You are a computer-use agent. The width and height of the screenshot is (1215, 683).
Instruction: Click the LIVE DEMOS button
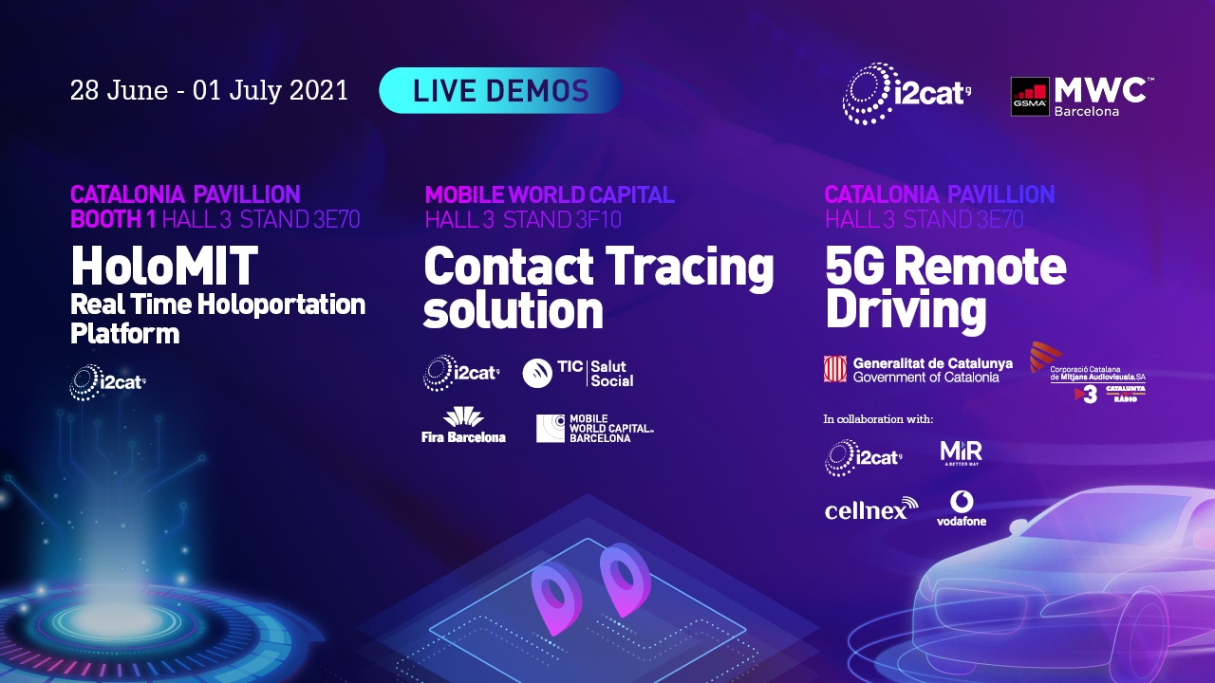tap(500, 91)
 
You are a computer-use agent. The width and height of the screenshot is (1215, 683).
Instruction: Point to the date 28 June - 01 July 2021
tap(209, 91)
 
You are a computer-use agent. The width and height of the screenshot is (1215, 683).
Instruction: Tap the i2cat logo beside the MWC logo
tap(907, 94)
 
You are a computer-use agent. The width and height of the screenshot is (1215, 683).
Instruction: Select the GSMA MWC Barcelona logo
tap(1082, 96)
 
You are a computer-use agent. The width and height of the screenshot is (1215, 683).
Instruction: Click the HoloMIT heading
tap(164, 267)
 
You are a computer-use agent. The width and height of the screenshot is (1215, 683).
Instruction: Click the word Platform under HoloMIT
tap(124, 334)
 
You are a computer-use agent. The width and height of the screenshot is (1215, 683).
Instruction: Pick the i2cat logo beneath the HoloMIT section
tap(107, 382)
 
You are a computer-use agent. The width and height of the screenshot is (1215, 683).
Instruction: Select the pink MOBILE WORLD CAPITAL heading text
tap(549, 195)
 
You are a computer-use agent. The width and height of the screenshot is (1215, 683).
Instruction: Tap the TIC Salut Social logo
tap(578, 373)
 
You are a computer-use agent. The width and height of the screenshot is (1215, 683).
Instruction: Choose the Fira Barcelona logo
tap(463, 425)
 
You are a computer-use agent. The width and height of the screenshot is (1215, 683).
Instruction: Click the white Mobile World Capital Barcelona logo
tap(595, 428)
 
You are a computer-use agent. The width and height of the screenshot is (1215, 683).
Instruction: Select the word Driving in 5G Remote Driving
tap(906, 309)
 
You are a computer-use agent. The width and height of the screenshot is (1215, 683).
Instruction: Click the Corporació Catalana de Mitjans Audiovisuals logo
tap(1088, 373)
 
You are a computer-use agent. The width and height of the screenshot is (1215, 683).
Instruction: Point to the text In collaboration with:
tap(878, 418)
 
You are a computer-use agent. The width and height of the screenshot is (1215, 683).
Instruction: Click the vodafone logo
tap(961, 508)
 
